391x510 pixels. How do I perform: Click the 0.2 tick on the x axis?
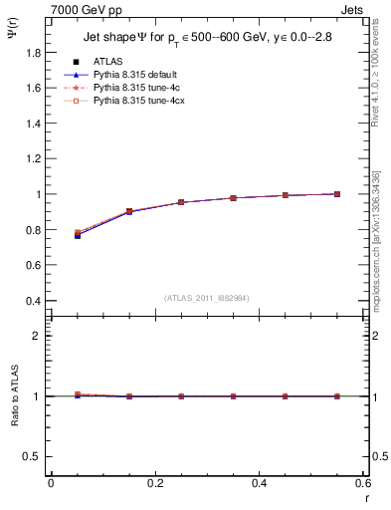(x=154, y=483)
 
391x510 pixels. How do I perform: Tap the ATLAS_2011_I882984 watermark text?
(x=206, y=297)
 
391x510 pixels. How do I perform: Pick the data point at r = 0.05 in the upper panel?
(x=78, y=235)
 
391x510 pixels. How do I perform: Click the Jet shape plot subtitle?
(x=207, y=40)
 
